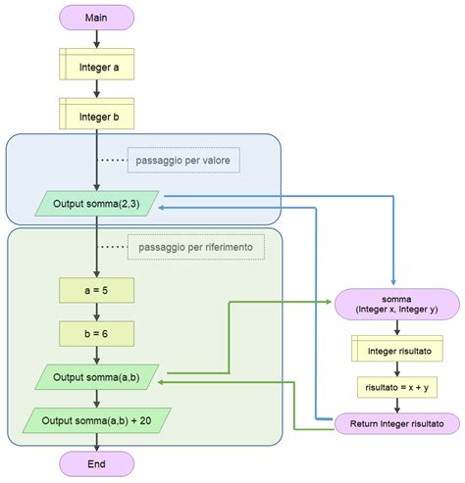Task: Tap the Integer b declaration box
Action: (x=96, y=116)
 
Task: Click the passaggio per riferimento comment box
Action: (x=196, y=248)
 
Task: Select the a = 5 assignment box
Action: (x=96, y=291)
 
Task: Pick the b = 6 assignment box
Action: (x=96, y=333)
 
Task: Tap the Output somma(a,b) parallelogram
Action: (x=96, y=376)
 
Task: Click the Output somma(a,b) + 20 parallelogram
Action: (x=96, y=419)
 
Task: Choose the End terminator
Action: (x=96, y=462)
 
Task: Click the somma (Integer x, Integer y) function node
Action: (x=396, y=304)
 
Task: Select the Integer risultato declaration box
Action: (x=396, y=348)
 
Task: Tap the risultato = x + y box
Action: (x=396, y=387)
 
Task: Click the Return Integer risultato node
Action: (x=396, y=423)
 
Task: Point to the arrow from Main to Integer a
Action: (x=96, y=38)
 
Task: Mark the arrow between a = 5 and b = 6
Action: (x=96, y=313)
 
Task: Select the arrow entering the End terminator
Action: (x=96, y=442)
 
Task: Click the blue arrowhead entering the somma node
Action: (x=394, y=283)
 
